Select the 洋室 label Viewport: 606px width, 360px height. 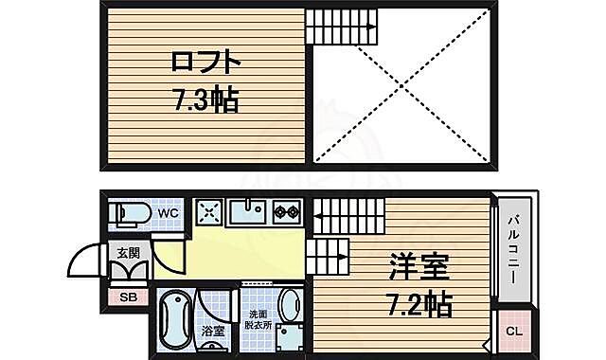click(418, 268)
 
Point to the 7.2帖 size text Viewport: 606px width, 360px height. click(418, 304)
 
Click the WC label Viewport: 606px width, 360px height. click(168, 213)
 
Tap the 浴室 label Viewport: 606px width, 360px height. click(212, 332)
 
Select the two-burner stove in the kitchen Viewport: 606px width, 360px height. click(287, 211)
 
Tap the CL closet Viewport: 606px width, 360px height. click(512, 331)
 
